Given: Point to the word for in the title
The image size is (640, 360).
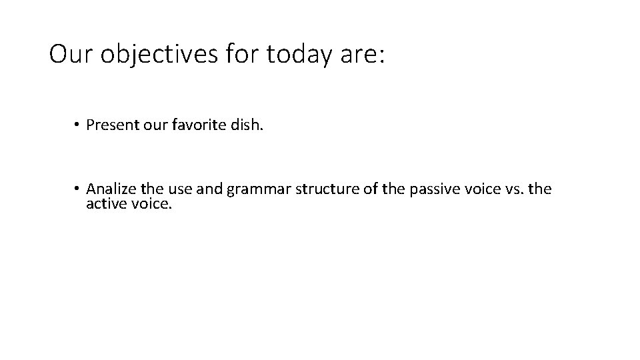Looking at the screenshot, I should tap(241, 55).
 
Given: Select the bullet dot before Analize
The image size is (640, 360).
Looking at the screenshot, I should tap(78, 189).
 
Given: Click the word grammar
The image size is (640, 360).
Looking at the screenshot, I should tap(255, 189).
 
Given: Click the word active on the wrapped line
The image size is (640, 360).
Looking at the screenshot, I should tap(105, 204).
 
